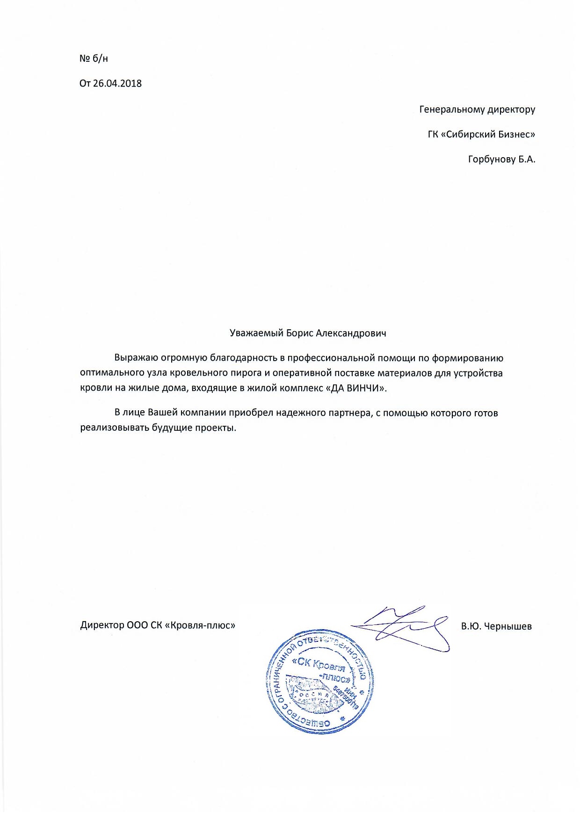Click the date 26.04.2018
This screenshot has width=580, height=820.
(x=117, y=84)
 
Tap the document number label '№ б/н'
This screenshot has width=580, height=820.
(x=94, y=58)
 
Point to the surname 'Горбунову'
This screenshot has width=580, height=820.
(x=491, y=160)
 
